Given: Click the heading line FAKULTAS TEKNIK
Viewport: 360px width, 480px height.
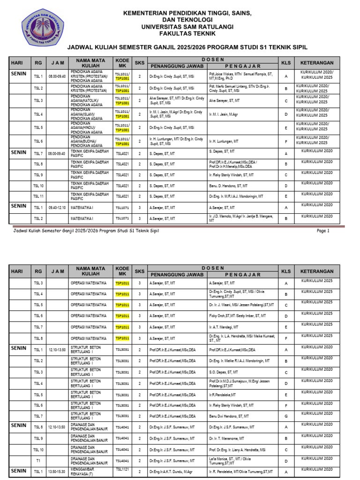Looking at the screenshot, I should coord(180,34).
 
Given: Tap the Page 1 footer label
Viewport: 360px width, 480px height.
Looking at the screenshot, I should coord(323,231).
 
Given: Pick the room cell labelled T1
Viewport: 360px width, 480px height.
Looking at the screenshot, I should coord(38,460).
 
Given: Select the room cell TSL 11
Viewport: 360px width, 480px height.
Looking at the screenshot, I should coord(38,196).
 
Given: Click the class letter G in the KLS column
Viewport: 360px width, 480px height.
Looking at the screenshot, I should coord(286,416).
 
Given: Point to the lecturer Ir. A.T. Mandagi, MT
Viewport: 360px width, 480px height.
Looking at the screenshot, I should coord(227,327).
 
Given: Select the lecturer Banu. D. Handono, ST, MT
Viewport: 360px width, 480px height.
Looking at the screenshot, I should coord(229,186).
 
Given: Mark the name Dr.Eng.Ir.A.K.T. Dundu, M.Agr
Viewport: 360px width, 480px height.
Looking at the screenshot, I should coord(171,471).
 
